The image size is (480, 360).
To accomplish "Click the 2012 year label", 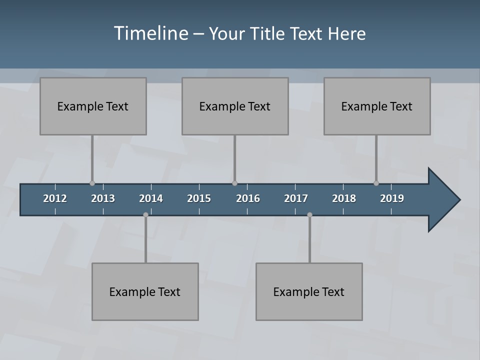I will point(55,198).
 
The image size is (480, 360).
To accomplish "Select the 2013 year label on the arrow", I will point(103,198).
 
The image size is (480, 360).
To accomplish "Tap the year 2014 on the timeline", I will point(151,198).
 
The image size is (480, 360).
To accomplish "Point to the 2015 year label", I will point(199,198).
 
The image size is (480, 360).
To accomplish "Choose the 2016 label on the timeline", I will point(248,198).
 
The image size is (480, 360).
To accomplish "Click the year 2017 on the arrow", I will point(296,198).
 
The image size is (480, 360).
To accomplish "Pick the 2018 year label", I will point(344,198).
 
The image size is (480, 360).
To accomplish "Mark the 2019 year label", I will point(392,198).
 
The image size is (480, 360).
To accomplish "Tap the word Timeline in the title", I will point(151,33).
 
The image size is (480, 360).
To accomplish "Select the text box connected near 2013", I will point(93,106).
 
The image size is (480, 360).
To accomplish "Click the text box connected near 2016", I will point(235,106).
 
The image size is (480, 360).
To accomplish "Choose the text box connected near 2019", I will point(377,106).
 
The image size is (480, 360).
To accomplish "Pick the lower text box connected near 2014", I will point(145,291).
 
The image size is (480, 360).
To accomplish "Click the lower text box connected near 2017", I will point(309,291).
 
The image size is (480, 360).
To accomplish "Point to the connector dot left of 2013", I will point(92,183).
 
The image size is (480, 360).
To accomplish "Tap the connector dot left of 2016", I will point(234,183).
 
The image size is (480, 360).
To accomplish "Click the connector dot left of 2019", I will point(376,183).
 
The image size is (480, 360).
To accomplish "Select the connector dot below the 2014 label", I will point(145,215).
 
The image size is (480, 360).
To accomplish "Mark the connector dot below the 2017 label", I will point(309,215).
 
